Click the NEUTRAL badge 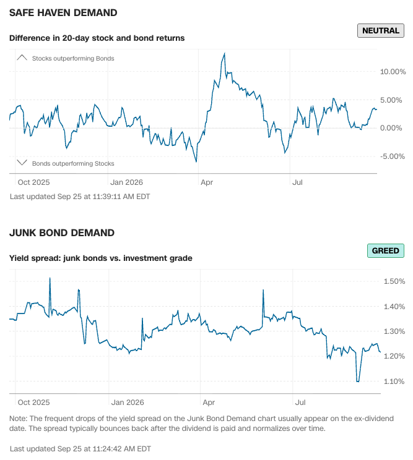(380, 30)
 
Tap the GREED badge (385, 250)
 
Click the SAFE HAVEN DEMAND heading (63, 12)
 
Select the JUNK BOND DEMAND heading (62, 232)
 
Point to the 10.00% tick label (393, 72)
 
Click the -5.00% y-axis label (392, 156)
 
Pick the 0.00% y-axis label (391, 128)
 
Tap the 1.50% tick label (394, 281)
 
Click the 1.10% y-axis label (394, 381)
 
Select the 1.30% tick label (394, 331)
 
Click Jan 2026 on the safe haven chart (126, 182)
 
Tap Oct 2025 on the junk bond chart (34, 402)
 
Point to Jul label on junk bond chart (300, 402)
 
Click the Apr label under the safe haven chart (207, 182)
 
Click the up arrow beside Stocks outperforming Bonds (22, 57)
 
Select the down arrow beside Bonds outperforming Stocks (22, 162)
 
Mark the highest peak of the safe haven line (225, 53)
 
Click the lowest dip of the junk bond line (357, 381)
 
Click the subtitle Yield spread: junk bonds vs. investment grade (101, 258)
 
